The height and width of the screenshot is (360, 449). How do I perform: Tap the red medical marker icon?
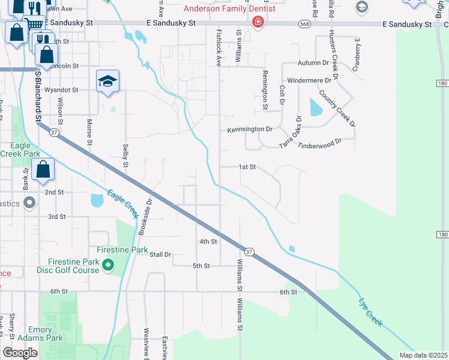tap(258, 23)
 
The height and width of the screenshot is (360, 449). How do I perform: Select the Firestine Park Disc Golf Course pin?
tap(108, 264)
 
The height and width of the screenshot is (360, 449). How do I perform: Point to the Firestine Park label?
tap(122, 249)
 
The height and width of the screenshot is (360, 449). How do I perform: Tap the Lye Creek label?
tap(370, 312)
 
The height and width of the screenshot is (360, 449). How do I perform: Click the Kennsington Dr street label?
tap(250, 129)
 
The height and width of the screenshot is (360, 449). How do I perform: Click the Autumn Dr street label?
tap(313, 63)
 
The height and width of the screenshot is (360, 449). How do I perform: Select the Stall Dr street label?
tap(160, 254)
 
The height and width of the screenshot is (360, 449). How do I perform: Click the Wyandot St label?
tap(62, 89)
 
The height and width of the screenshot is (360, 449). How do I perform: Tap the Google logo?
tap(20, 352)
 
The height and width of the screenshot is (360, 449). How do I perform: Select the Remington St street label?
tap(265, 89)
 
